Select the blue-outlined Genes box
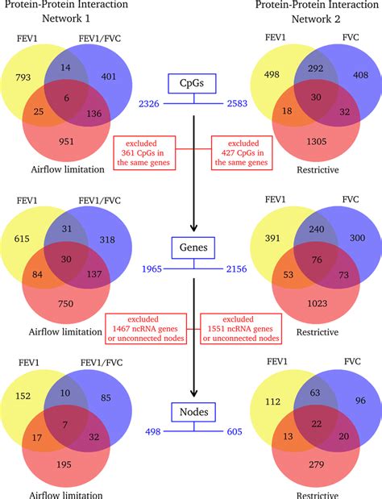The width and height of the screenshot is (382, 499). (x=191, y=247)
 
